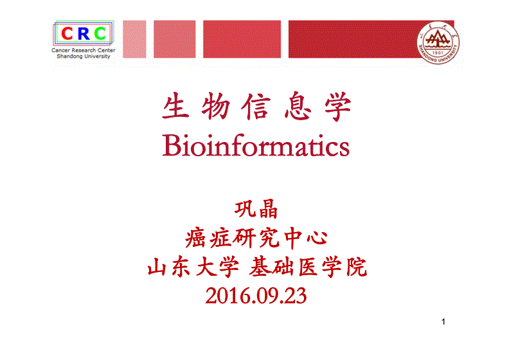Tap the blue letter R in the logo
pyautogui.click(x=84, y=34)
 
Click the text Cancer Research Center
pyautogui.click(x=84, y=50)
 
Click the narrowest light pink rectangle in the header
pyautogui.click(x=134, y=39)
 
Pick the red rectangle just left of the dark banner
pyautogui.click(x=242, y=39)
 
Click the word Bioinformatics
pyautogui.click(x=256, y=146)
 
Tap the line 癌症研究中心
pyautogui.click(x=256, y=239)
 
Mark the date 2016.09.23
pyautogui.click(x=256, y=296)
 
